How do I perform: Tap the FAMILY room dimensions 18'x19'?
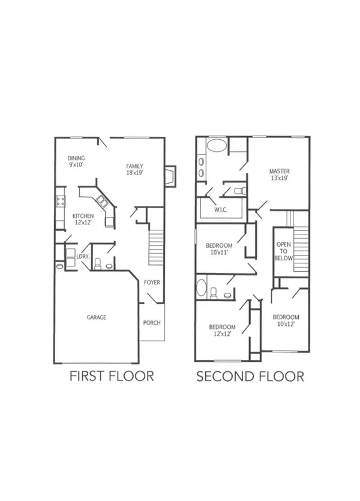click(x=134, y=173)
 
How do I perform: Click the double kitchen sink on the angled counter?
click(x=100, y=201)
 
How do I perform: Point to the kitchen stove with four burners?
click(x=60, y=201)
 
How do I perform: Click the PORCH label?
click(x=152, y=322)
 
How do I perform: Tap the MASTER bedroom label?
click(x=280, y=170)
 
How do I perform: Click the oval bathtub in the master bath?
click(x=217, y=145)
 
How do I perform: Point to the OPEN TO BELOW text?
click(x=284, y=251)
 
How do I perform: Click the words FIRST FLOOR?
click(x=112, y=376)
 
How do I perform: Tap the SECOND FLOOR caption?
click(x=250, y=376)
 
